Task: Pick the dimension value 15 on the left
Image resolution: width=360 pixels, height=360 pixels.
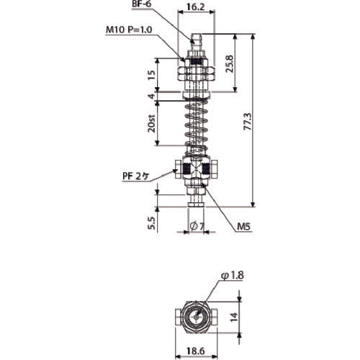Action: click(x=150, y=75)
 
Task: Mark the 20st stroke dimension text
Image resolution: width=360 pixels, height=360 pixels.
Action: click(x=150, y=127)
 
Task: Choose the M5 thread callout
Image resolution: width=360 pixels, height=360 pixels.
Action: click(x=244, y=226)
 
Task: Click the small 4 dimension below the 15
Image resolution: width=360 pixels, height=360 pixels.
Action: click(x=150, y=96)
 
